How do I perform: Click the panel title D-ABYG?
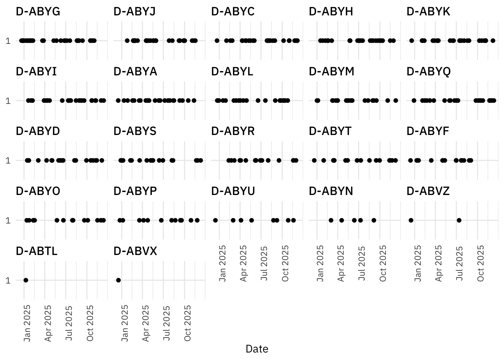(x=38, y=12)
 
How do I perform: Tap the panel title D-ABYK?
(x=428, y=12)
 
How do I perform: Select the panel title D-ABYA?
(x=135, y=72)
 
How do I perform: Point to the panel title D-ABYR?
(x=233, y=131)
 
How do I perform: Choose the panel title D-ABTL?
(x=37, y=251)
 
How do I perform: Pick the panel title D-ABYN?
(x=331, y=191)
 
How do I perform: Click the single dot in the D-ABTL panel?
(x=25, y=280)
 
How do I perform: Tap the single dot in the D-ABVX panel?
(x=118, y=280)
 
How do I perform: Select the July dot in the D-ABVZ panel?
(x=459, y=220)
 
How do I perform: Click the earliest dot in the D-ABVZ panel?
(x=411, y=220)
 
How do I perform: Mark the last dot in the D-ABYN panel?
(x=374, y=220)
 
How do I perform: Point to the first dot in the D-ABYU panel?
(x=215, y=220)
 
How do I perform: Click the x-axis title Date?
(x=257, y=349)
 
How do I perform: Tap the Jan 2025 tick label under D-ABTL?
(x=27, y=323)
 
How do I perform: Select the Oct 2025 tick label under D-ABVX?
(x=187, y=323)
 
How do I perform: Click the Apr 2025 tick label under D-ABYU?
(x=244, y=263)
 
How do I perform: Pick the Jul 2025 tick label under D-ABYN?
(x=362, y=263)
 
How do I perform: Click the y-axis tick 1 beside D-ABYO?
(x=8, y=220)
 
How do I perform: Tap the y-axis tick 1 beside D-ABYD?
(x=8, y=160)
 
